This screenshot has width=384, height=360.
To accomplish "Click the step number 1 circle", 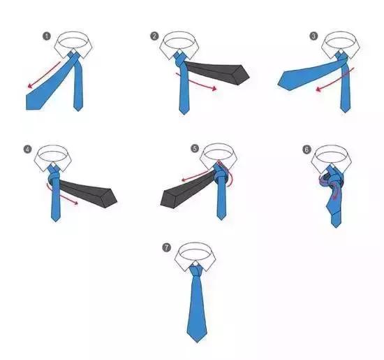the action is (47, 36).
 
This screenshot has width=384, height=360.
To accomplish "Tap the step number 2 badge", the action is (154, 36).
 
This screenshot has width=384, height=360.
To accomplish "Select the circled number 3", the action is (313, 36).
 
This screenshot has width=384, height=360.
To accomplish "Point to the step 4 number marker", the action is (28, 149).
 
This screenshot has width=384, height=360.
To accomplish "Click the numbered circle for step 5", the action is (195, 149).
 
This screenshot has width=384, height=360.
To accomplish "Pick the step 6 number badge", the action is (307, 149).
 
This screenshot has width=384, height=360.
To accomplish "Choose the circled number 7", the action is (167, 247).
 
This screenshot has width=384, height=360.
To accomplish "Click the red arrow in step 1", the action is (44, 74).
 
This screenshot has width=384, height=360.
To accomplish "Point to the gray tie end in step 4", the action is (88, 192).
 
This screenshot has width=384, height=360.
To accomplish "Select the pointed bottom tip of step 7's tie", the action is (197, 343).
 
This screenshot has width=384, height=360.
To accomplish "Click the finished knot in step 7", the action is (196, 271).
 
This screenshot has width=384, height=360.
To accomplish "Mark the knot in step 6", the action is (333, 182).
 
